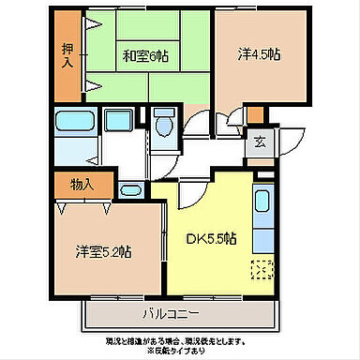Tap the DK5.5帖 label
pyautogui.click(x=209, y=238)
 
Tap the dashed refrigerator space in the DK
pyautogui.click(x=262, y=269)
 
